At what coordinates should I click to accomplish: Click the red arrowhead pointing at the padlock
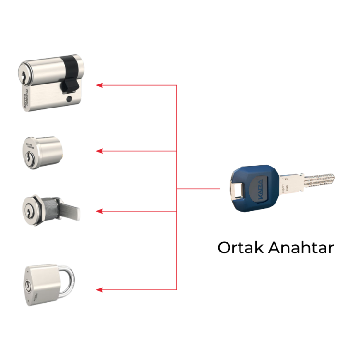tap(99, 290)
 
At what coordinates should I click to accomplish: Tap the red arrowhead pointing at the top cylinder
tap(99, 85)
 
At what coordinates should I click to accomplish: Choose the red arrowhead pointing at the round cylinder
tap(99, 151)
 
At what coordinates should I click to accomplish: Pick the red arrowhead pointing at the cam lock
tap(99, 211)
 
